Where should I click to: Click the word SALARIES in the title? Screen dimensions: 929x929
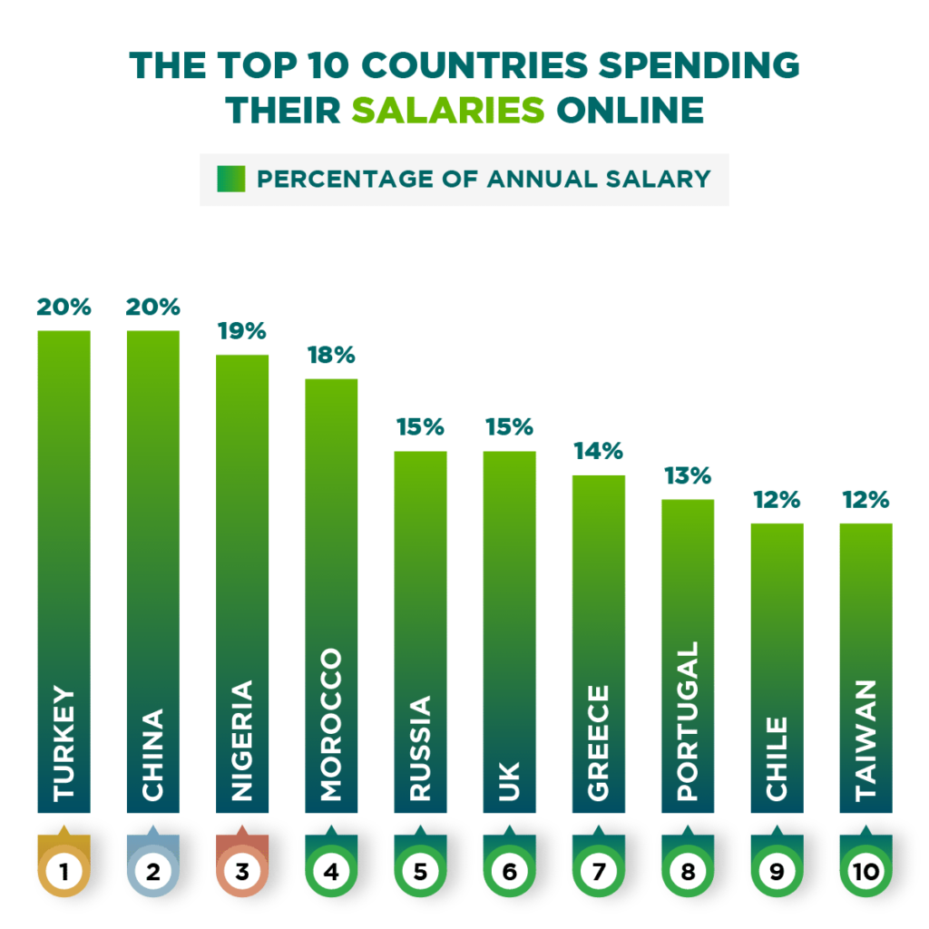(x=448, y=109)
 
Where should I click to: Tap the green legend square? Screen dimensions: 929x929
(x=230, y=179)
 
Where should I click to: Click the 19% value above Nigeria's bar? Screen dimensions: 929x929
(x=242, y=331)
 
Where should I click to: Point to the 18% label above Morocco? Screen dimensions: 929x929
(x=331, y=355)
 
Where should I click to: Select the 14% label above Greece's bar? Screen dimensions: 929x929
(x=598, y=451)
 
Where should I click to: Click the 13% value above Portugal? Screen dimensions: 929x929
(x=688, y=475)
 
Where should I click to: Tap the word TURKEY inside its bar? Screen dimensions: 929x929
(x=64, y=744)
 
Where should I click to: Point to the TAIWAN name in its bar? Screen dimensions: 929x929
(x=865, y=740)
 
